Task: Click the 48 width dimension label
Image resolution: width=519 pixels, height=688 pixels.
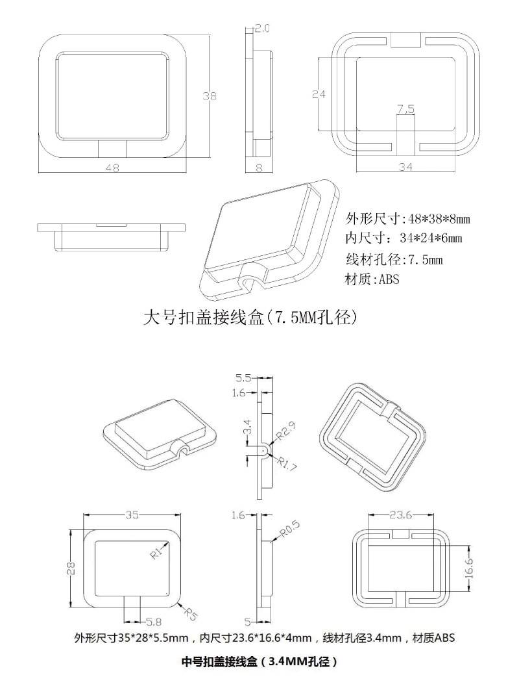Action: [112, 168]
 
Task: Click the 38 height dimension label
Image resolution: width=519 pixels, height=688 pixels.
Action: [209, 96]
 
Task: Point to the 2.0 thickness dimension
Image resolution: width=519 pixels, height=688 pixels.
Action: [262, 29]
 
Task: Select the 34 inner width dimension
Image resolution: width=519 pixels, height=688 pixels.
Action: [405, 168]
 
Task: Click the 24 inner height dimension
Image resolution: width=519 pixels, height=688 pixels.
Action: [318, 94]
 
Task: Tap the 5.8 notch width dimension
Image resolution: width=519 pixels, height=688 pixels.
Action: [154, 622]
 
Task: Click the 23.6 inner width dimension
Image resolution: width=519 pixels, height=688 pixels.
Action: [400, 516]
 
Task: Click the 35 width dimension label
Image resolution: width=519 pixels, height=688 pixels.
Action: [132, 515]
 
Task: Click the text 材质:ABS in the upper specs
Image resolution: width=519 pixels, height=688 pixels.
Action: [373, 280]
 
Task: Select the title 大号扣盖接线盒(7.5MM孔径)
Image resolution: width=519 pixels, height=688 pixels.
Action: [250, 318]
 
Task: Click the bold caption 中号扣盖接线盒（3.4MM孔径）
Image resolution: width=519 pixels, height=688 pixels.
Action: [259, 663]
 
